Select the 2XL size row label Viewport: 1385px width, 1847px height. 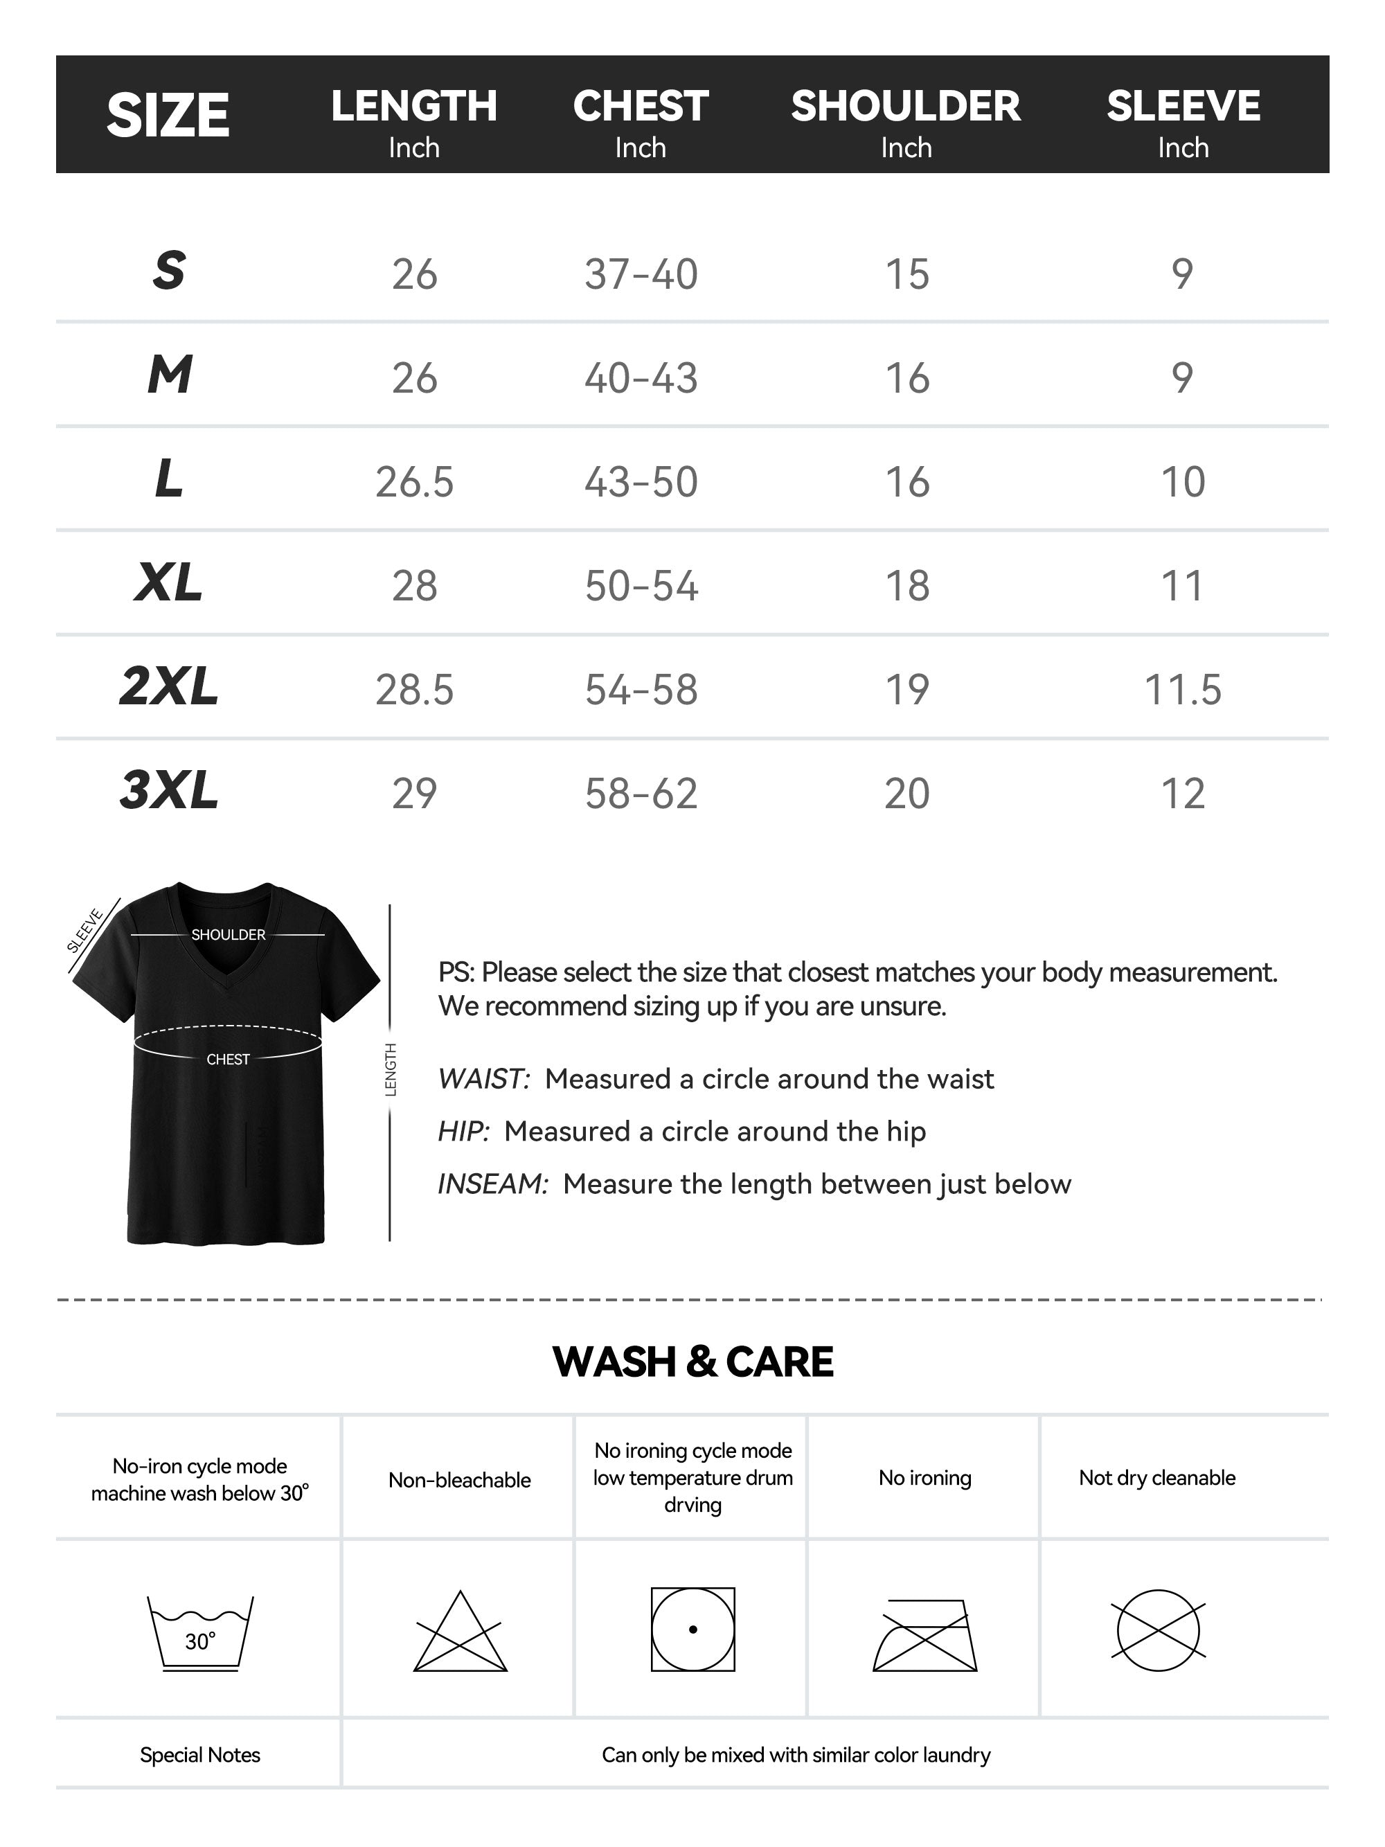tap(169, 686)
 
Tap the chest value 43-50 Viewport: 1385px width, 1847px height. tap(641, 482)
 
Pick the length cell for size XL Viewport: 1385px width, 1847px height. tap(414, 585)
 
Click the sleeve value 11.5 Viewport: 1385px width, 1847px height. tap(1182, 690)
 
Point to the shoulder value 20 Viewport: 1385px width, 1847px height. tap(906, 793)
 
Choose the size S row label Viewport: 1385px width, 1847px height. tap(169, 271)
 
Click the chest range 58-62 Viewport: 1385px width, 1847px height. tap(641, 793)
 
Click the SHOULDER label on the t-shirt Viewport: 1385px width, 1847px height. tap(228, 934)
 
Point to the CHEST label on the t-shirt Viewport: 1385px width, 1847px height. tap(228, 1059)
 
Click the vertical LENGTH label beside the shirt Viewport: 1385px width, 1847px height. tap(390, 1069)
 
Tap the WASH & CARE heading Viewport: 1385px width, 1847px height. tap(693, 1362)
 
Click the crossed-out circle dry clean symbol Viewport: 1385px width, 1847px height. tap(1158, 1630)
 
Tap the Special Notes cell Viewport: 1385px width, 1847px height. tap(199, 1754)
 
